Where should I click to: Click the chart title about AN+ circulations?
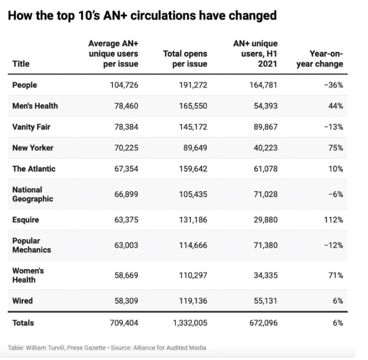coord(142,16)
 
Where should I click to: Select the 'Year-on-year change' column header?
coord(319,59)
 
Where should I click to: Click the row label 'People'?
coord(25,85)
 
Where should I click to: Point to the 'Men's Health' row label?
coord(35,106)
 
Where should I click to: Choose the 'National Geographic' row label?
coord(32,194)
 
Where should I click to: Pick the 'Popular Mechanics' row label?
coord(31,245)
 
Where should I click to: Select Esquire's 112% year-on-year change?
coord(333,220)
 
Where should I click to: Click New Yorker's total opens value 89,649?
coord(193,148)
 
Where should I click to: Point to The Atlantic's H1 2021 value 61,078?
coord(262,169)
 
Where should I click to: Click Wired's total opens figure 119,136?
coord(191,301)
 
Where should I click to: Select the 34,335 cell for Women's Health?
coord(262,275)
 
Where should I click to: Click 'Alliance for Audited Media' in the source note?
coord(170,348)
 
